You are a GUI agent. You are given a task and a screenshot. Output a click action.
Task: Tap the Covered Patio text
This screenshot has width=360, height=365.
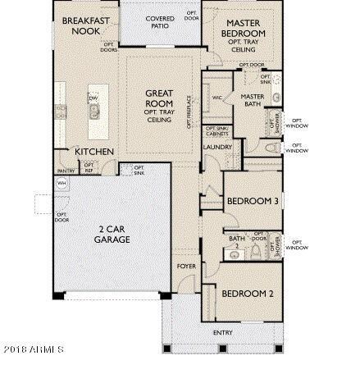point(159,21)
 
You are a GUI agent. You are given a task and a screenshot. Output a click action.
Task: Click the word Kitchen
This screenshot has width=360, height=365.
point(94,152)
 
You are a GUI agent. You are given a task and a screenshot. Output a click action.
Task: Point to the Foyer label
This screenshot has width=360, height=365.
point(185,267)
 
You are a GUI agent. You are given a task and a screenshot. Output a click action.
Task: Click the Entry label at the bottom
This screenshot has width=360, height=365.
point(222,332)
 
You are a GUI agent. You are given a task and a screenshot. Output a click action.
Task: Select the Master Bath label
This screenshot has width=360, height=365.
point(252,99)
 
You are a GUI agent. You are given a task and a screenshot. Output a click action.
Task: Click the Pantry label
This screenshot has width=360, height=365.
point(67,171)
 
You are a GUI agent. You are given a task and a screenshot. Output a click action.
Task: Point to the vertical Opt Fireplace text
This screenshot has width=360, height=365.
point(189,111)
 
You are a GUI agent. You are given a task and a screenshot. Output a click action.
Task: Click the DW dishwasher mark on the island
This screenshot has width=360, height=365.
point(92,98)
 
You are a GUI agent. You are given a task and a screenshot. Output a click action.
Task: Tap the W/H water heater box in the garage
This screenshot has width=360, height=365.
point(61,183)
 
